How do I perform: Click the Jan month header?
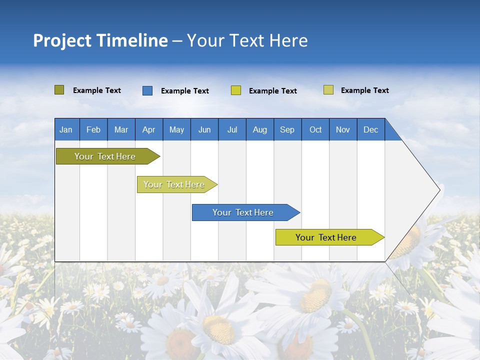coord(66,129)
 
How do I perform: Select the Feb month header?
coord(93,129)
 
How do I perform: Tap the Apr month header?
coord(149,129)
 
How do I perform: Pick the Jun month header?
coord(204,129)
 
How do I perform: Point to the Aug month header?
coord(260,129)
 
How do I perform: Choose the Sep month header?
coord(287,129)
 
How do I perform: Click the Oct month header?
coord(315,129)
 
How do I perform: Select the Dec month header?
coord(371,129)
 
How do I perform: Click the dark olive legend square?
coord(59,90)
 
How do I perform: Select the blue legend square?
coord(147,90)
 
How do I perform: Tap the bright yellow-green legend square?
coord(236,90)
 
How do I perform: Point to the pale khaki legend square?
coord(328,90)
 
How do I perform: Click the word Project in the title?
coord(62,40)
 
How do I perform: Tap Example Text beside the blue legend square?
coord(185,91)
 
